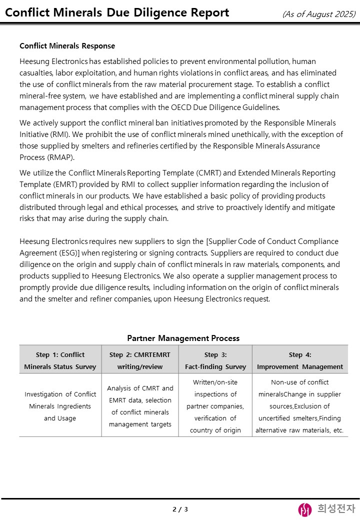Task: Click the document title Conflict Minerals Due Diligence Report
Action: (117, 13)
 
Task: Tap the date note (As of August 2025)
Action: (318, 14)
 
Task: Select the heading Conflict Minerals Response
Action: (67, 46)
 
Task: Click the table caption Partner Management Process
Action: (183, 338)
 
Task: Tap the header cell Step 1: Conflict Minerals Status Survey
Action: (60, 360)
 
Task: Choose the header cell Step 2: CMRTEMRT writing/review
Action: (139, 360)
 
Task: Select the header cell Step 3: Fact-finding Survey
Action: (215, 360)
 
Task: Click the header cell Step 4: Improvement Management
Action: (300, 360)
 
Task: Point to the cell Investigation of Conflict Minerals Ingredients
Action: (60, 406)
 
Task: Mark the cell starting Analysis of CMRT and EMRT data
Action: (139, 406)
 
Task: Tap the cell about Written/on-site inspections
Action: (215, 406)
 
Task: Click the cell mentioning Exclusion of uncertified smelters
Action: (300, 406)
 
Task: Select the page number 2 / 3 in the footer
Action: (180, 509)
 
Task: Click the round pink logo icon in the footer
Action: (305, 509)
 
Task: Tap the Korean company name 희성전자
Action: (336, 509)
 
